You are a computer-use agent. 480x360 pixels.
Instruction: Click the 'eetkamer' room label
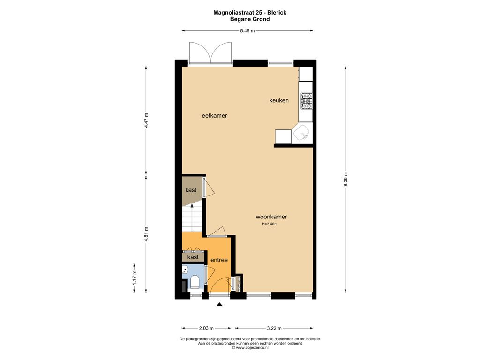pyautogui.click(x=214, y=116)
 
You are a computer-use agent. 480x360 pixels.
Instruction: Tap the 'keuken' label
pyautogui.click(x=279, y=100)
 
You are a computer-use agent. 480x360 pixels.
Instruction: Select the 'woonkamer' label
pyautogui.click(x=271, y=217)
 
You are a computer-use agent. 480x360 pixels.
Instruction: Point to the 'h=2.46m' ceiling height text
pyautogui.click(x=270, y=224)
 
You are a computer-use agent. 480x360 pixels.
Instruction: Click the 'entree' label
pyautogui.click(x=219, y=260)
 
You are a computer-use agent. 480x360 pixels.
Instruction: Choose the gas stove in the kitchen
pyautogui.click(x=307, y=101)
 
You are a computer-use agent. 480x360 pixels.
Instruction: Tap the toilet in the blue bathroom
pyautogui.click(x=195, y=282)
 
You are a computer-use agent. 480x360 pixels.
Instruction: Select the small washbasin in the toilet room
pyautogui.click(x=185, y=270)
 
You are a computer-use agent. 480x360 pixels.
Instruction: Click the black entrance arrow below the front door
pyautogui.click(x=219, y=304)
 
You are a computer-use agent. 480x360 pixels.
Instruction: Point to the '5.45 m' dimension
pyautogui.click(x=247, y=30)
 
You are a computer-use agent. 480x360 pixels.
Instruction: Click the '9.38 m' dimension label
pyautogui.click(x=345, y=179)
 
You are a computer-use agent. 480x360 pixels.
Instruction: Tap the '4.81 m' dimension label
pyautogui.click(x=146, y=234)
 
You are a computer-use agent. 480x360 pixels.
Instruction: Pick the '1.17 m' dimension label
pyautogui.click(x=134, y=278)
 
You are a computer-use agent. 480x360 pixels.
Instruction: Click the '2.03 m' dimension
pyautogui.click(x=206, y=328)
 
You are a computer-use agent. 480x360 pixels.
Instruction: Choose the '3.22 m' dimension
pyautogui.click(x=274, y=328)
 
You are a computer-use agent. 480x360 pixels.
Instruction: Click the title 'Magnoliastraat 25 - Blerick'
pyautogui.click(x=250, y=13)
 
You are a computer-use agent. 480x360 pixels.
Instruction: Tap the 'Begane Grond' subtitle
pyautogui.click(x=250, y=19)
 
